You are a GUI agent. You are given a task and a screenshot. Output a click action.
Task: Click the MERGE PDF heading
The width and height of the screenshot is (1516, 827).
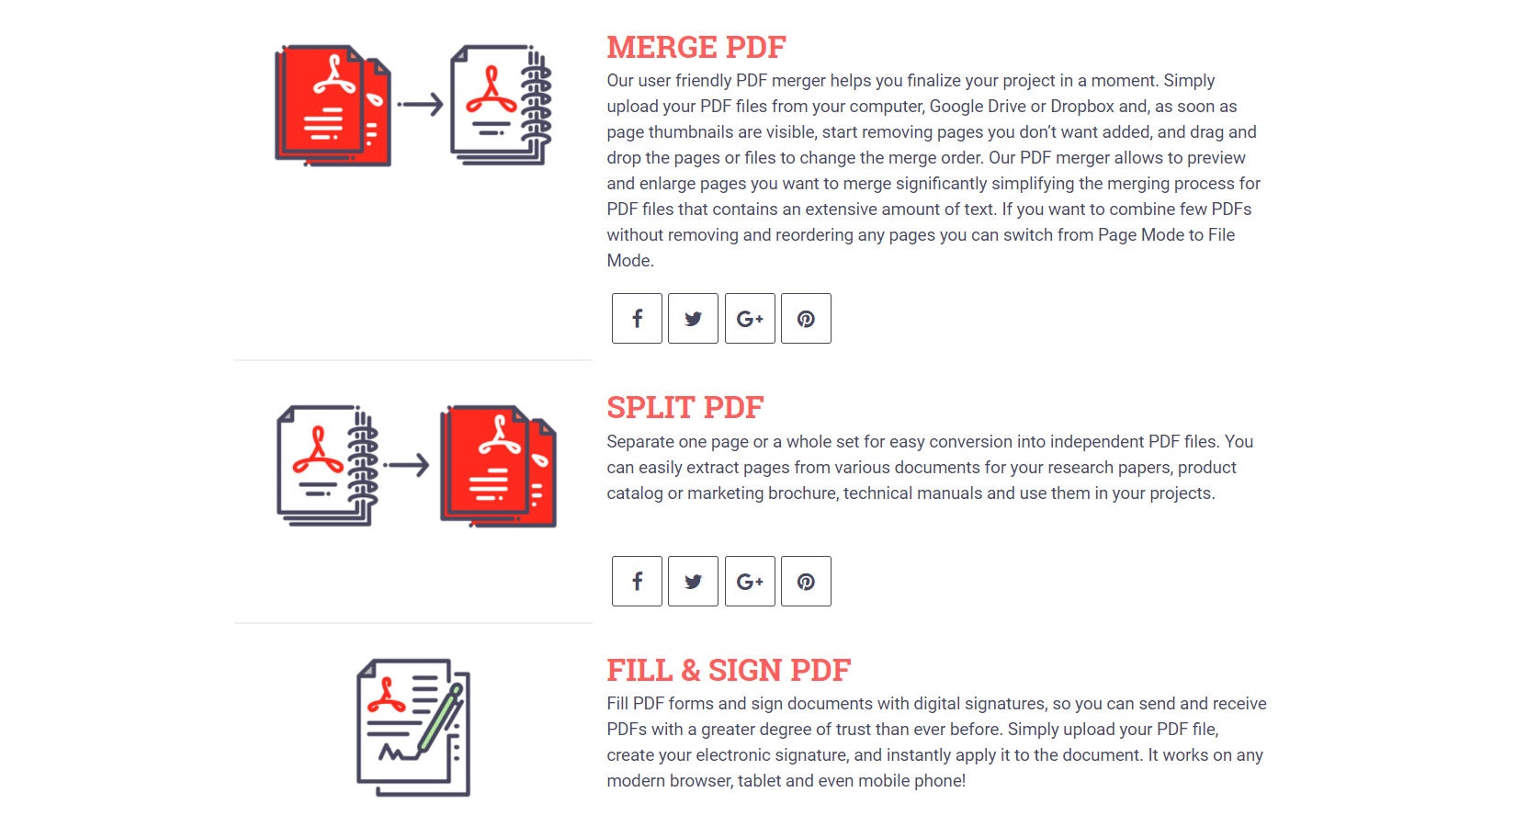(696, 48)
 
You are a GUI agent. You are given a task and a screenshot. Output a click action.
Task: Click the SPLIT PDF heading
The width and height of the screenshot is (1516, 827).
(684, 407)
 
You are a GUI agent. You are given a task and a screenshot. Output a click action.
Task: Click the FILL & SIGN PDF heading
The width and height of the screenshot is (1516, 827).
(729, 670)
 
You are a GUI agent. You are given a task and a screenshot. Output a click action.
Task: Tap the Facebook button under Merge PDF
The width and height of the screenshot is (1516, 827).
(637, 318)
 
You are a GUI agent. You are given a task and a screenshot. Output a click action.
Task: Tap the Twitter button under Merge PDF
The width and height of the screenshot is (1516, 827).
(693, 318)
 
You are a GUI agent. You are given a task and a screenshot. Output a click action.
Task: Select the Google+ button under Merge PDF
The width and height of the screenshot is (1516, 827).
(750, 318)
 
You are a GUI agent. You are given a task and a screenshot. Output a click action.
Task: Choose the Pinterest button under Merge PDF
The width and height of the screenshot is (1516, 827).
(806, 318)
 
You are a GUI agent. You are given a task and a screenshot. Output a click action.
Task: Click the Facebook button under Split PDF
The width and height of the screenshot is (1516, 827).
(637, 582)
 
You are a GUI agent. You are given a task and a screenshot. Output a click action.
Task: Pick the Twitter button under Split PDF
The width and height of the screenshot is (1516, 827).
(693, 582)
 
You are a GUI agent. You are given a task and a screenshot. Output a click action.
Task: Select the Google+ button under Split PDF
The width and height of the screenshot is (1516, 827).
(750, 582)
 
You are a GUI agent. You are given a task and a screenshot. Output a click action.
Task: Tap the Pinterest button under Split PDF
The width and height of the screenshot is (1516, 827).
(806, 582)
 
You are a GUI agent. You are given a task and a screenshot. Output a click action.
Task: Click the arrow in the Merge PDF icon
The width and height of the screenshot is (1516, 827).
(420, 104)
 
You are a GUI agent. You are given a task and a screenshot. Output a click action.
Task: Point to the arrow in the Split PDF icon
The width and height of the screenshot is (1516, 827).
(406, 465)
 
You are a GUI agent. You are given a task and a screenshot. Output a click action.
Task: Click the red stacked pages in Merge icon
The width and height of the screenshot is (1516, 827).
(333, 105)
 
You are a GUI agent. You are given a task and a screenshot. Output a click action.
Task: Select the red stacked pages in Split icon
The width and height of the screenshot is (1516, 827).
(498, 466)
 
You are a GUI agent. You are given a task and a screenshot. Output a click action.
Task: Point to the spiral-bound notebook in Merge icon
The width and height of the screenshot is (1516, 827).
(501, 105)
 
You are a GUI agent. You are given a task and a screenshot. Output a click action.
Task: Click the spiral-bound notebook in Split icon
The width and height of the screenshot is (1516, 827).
(327, 466)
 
